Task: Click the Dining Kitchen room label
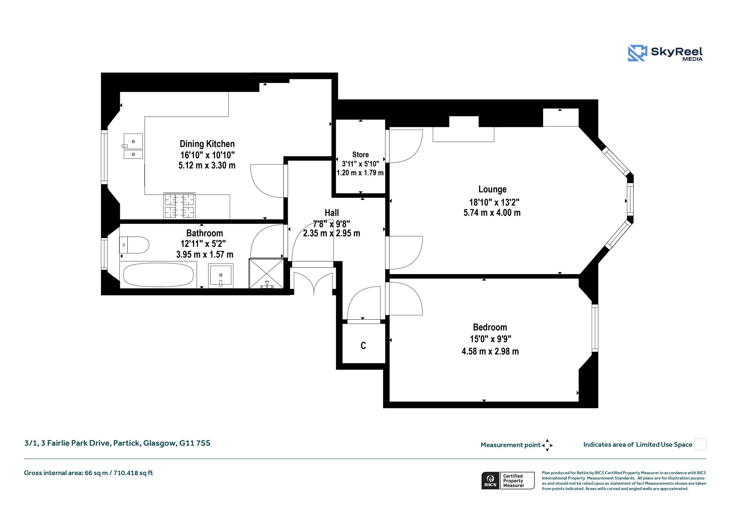(207, 144)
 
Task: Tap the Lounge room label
(492, 189)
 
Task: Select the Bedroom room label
(490, 327)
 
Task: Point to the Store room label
(360, 155)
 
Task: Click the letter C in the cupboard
(363, 345)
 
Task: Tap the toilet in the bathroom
(134, 245)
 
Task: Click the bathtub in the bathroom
(158, 275)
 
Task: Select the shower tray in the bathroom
(266, 273)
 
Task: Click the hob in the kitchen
(179, 205)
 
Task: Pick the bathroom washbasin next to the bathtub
(221, 276)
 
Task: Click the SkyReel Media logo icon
(637, 53)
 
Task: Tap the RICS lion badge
(490, 480)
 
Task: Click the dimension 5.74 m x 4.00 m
(492, 213)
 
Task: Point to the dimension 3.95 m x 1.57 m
(205, 255)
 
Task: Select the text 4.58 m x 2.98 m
(490, 351)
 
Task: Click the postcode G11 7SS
(195, 443)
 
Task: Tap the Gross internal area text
(88, 473)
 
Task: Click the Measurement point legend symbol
(547, 445)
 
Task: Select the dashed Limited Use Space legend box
(700, 444)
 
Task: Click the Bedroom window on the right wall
(595, 328)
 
